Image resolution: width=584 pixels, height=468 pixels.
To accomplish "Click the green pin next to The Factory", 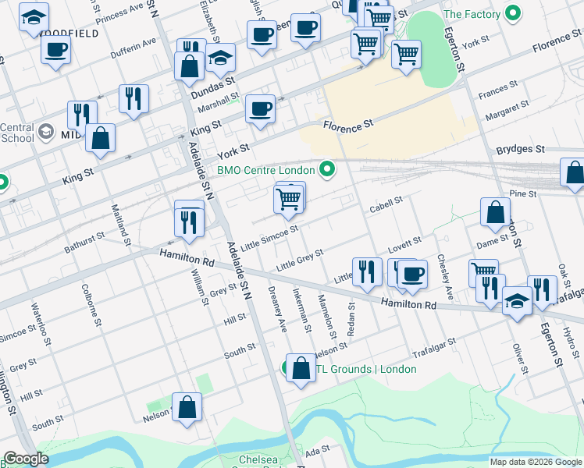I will (513, 13).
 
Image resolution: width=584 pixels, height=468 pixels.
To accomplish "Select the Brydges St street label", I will (520, 148).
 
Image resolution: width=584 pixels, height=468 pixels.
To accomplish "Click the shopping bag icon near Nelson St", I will (187, 407).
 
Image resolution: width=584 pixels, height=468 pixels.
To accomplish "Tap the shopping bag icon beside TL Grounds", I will (301, 368).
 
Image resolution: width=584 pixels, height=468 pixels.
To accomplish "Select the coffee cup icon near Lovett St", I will (413, 274).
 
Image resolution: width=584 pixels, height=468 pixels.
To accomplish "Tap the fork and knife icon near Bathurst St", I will (189, 222).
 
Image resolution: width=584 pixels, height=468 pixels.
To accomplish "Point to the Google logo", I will (26, 459).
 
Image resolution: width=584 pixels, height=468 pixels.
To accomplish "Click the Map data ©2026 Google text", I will (535, 462).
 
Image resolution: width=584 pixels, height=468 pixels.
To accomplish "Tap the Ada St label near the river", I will (317, 452).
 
